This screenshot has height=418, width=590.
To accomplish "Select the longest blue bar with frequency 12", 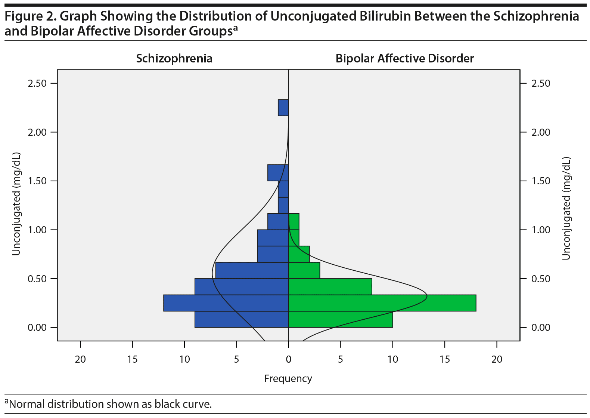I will pos(226,303).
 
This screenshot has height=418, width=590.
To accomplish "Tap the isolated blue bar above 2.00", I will pos(283,108).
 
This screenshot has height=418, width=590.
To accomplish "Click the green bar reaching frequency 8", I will pos(330,287).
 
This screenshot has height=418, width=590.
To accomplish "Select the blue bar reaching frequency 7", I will pos(252,270).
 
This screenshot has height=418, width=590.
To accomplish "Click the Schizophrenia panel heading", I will pos(174,59).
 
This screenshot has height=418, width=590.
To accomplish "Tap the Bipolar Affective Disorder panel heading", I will pos(404,59).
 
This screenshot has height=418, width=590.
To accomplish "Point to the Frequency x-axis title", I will pos(288,379).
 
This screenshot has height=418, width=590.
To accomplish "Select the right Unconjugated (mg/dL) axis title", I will pos(566,208).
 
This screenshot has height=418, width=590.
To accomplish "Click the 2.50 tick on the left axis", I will pos(37,83).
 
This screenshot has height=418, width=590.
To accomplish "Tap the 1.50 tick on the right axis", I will pos(541,181).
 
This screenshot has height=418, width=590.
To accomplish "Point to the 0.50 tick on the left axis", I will pos(37,279).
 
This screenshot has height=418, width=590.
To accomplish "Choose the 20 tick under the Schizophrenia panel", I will pos(80,359).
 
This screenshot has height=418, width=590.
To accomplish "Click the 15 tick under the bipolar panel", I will pos(445,359).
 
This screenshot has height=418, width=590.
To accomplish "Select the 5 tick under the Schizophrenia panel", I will pos(236,359).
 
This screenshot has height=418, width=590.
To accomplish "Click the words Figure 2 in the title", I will pos(30,16).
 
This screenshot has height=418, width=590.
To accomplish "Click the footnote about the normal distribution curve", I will pos(108,404).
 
